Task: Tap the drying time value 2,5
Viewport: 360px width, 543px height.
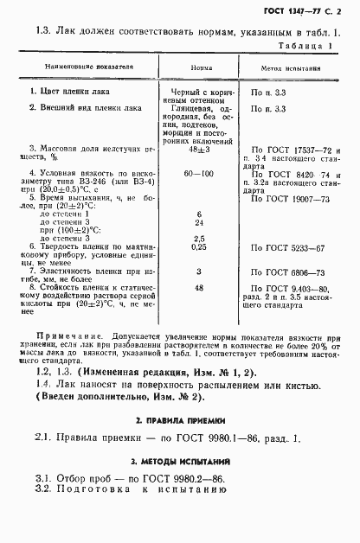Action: point(200,237)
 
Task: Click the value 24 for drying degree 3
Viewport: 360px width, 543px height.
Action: point(200,220)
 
